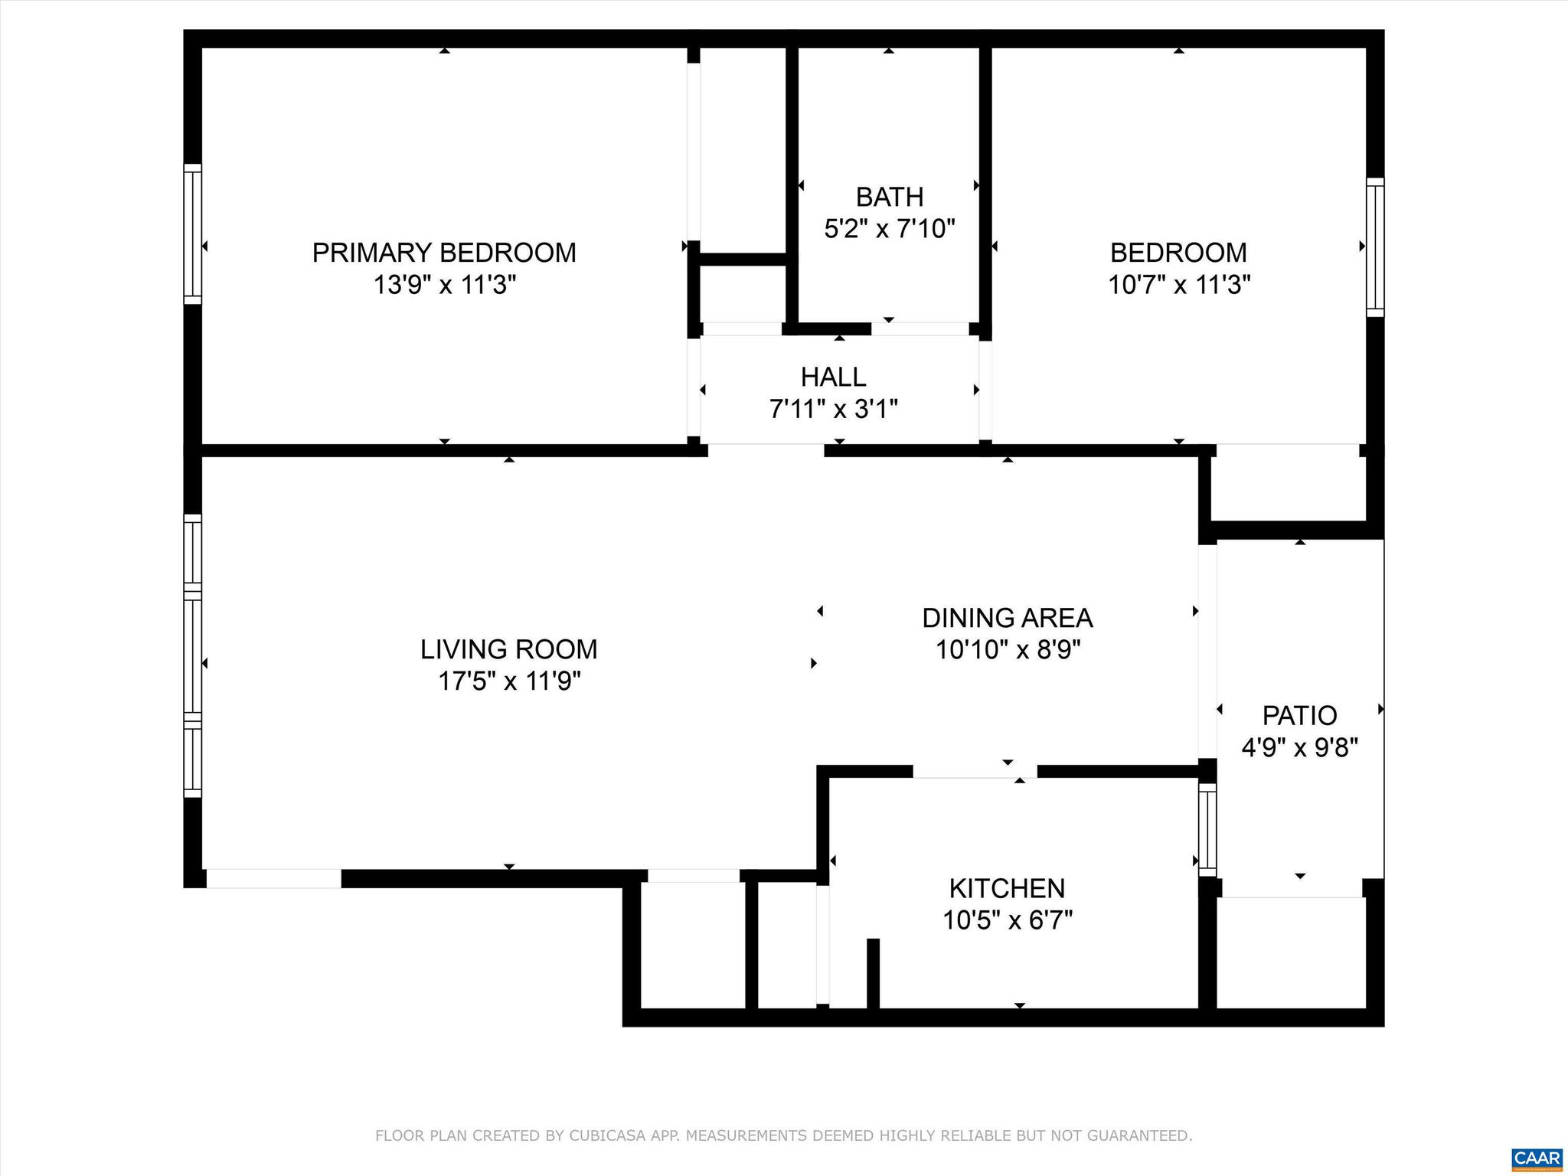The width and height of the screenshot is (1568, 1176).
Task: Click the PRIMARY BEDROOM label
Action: (x=444, y=253)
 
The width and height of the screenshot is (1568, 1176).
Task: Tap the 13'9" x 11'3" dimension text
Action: (x=444, y=286)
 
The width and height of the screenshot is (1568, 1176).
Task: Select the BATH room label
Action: (x=890, y=198)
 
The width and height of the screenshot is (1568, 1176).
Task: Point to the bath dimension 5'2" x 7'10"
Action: (x=890, y=229)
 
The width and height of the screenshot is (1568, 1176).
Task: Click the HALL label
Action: (x=833, y=377)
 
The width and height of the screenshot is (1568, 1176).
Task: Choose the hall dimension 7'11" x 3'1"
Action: (x=833, y=410)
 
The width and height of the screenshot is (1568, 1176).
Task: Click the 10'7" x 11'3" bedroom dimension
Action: (x=1179, y=286)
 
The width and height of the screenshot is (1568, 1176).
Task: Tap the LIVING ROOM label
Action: (x=508, y=649)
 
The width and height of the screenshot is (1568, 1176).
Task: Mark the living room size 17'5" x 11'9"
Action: (x=508, y=681)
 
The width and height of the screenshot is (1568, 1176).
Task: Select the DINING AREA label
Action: (x=1007, y=618)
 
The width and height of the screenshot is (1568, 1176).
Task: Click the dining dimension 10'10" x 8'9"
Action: (x=1007, y=650)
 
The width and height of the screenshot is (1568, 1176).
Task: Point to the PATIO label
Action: (x=1299, y=715)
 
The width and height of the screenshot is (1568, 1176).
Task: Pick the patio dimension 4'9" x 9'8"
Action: (x=1299, y=747)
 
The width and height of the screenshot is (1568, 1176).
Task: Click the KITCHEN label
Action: (x=1007, y=888)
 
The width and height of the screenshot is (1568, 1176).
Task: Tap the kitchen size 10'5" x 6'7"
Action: (x=1007, y=920)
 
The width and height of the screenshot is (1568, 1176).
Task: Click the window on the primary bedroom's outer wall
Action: (x=192, y=234)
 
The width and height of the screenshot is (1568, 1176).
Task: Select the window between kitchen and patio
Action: (x=1207, y=830)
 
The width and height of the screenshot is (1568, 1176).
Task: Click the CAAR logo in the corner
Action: (x=1537, y=1158)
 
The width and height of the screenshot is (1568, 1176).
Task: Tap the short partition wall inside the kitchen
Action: (x=873, y=973)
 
